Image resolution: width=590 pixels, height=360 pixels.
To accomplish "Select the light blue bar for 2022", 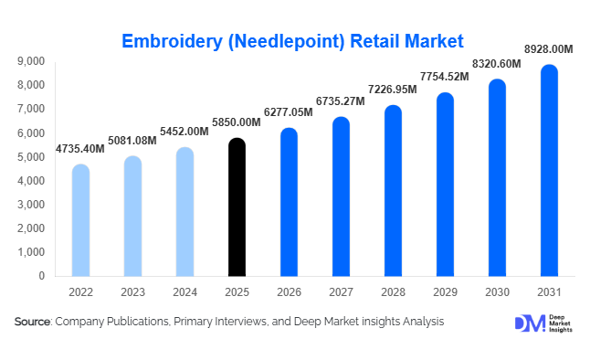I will tap(80, 220).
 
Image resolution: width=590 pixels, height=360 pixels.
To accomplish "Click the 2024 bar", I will tap(184, 212).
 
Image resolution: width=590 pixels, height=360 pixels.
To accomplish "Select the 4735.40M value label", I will tap(79, 149).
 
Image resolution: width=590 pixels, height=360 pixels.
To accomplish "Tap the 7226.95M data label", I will tap(392, 90).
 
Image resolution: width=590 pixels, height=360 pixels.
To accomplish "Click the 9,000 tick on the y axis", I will tap(31, 61).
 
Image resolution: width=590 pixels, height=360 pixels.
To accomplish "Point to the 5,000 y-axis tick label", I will tap(31, 157).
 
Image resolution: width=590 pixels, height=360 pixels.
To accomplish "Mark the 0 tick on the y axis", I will tap(42, 276).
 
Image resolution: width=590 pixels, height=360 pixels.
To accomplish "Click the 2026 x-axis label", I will tap(289, 292).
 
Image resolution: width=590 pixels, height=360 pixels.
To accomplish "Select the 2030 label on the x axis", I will tap(497, 292).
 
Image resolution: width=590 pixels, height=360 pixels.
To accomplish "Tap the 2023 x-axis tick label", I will tap(132, 292).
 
